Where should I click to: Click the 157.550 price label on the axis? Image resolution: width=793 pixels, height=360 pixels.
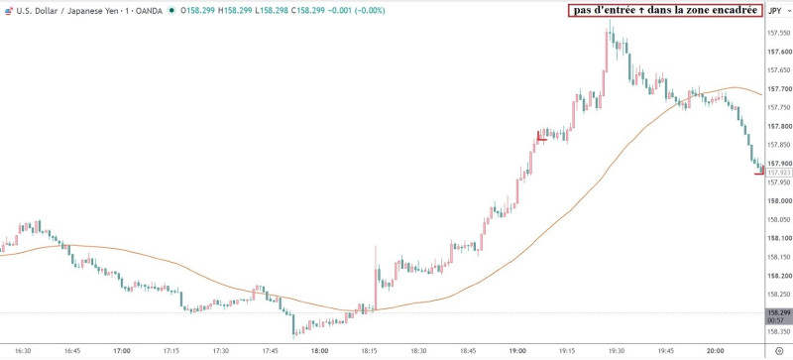pos(777,34)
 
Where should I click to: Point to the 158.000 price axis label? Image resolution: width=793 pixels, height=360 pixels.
pos(777,201)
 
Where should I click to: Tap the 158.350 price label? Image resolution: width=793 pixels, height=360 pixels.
pos(777,331)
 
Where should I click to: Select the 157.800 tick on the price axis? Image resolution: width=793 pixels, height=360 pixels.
pos(777,127)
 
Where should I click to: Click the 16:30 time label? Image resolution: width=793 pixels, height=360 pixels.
pos(23,350)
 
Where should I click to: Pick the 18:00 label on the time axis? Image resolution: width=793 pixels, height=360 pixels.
pos(319,350)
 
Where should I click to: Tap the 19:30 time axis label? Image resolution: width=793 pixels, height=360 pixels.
pos(617,350)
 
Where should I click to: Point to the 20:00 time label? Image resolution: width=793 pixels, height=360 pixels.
pos(715,350)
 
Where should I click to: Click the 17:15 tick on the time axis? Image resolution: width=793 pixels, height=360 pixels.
pos(171,350)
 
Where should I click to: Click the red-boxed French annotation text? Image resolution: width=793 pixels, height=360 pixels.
pos(665,10)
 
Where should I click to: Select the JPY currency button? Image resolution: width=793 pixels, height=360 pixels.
pos(774,10)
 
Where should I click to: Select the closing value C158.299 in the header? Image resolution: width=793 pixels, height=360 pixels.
pos(311,10)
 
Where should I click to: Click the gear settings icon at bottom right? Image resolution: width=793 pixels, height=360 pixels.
pos(779,350)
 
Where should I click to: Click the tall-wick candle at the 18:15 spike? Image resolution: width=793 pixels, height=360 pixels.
pos(376,278)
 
